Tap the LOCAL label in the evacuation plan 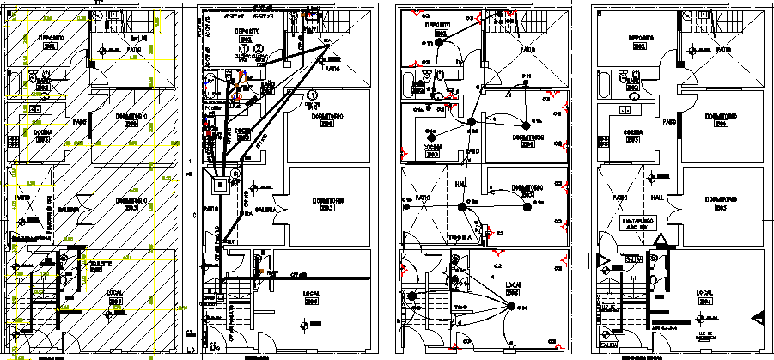(x=706, y=292)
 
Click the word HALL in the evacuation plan (x=658, y=198)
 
